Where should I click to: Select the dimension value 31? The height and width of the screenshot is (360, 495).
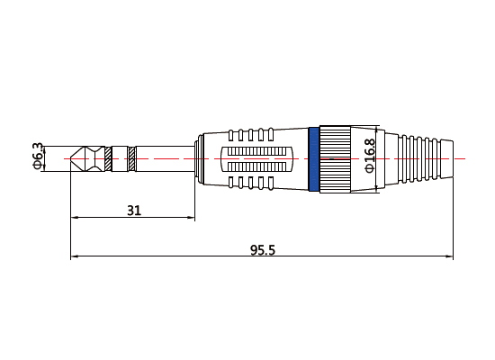[133, 210]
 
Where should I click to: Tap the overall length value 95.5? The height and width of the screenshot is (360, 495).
[262, 250]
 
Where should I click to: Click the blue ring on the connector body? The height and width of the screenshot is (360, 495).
[313, 158]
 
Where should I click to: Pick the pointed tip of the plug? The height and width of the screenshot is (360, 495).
[73, 158]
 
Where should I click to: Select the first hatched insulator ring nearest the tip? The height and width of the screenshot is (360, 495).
[109, 158]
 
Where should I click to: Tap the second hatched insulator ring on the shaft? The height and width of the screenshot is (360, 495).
[132, 158]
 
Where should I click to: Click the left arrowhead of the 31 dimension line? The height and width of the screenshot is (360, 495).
[74, 218]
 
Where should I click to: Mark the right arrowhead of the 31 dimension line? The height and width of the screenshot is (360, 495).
[192, 218]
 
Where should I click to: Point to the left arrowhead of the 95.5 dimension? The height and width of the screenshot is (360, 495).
[74, 258]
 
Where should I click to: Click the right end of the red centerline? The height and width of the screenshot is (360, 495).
[464, 158]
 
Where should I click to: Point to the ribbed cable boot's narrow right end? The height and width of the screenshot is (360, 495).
[447, 158]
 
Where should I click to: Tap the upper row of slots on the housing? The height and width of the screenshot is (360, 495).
[251, 134]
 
